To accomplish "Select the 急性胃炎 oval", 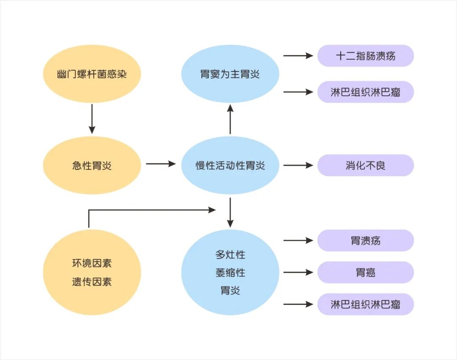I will click(x=92, y=165).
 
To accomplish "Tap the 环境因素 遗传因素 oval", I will click(x=92, y=272).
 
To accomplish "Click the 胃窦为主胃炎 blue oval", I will click(x=230, y=74).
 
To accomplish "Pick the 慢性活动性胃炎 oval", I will click(x=230, y=165).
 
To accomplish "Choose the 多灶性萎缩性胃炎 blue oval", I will click(x=230, y=272).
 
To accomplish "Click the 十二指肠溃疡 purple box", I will click(x=366, y=56).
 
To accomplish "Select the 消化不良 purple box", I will click(x=366, y=165).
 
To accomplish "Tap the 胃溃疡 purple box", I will click(x=366, y=241).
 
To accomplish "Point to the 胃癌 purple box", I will click(x=366, y=272).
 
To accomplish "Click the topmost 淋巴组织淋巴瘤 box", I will click(x=366, y=92).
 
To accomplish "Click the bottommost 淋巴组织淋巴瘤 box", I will click(x=366, y=304).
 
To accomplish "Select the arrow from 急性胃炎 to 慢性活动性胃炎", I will click(x=160, y=164).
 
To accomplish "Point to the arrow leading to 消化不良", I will click(x=298, y=165).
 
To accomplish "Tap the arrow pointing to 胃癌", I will click(x=298, y=272).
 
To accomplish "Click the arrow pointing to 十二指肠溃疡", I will click(x=298, y=55).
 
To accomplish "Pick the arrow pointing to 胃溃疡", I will click(x=298, y=241).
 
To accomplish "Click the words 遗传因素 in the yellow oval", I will click(x=92, y=282).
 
